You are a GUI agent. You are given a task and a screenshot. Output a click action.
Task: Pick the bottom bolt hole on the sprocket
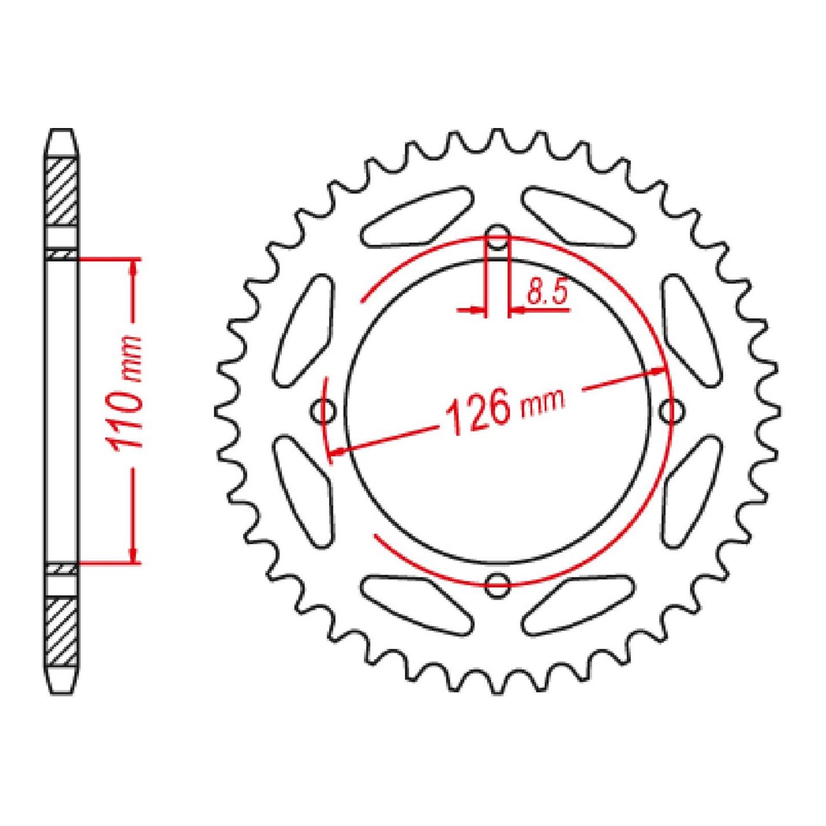(498, 583)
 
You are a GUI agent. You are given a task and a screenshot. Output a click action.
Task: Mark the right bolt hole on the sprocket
(671, 410)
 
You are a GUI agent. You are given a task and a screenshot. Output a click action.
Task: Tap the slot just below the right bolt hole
(692, 490)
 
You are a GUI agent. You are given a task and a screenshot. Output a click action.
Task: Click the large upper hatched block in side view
(61, 191)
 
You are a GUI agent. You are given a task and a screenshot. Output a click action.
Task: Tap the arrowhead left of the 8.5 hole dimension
(478, 310)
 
